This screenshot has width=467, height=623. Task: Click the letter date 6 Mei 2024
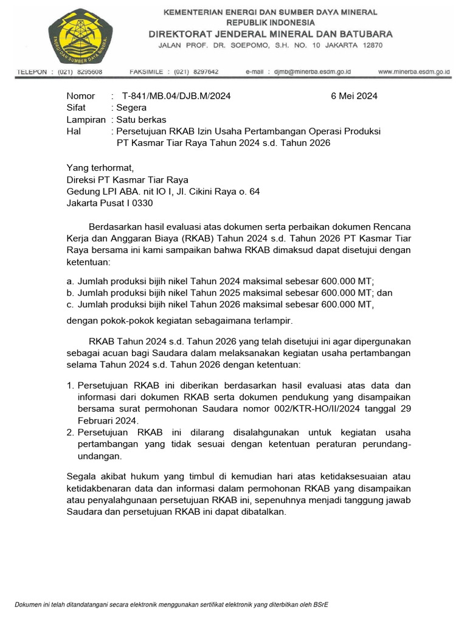[x=354, y=96]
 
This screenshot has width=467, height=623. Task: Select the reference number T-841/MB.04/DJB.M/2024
[x=176, y=96]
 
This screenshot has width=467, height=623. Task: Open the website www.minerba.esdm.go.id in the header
[x=413, y=72]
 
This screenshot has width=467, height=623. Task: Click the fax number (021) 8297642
[x=196, y=72]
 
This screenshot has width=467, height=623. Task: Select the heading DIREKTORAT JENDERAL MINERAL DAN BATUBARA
[x=271, y=34]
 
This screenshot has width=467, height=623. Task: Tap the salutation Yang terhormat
[x=99, y=168]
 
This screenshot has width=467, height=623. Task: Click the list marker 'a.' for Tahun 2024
[x=71, y=281]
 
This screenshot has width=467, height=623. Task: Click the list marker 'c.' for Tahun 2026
[x=71, y=304]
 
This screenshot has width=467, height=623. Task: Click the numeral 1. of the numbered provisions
[x=70, y=386]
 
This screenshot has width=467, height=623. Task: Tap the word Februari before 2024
[x=96, y=420]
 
